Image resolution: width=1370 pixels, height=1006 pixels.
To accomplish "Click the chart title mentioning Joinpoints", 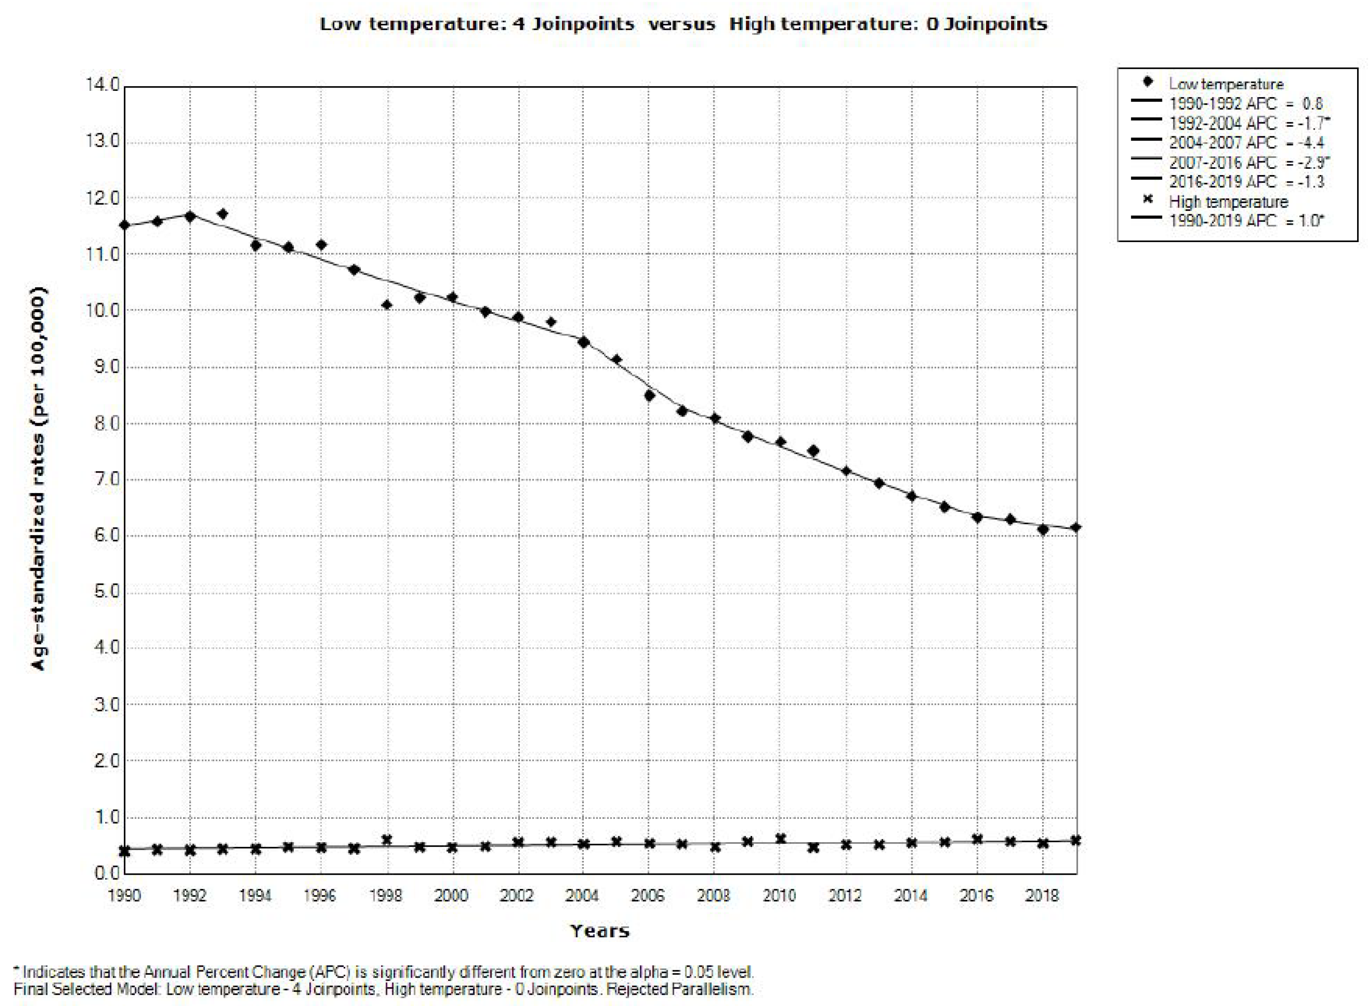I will tap(683, 24).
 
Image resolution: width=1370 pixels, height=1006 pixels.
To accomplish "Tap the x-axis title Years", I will tap(600, 931).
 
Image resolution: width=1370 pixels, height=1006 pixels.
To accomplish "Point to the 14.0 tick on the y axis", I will tap(103, 85).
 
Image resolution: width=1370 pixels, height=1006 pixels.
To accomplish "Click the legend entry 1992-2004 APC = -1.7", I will tap(1248, 123).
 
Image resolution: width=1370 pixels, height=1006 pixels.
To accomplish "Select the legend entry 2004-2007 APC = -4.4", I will tap(1246, 143).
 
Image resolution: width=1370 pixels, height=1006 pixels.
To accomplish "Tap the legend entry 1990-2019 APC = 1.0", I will tap(1246, 220).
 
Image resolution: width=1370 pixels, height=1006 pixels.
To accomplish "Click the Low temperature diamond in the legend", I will tap(1148, 82).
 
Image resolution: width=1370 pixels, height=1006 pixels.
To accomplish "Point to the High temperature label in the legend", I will tap(1228, 202).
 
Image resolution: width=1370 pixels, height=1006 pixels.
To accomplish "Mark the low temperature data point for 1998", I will tap(386, 305).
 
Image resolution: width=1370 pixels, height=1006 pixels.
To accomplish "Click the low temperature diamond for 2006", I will tap(650, 395).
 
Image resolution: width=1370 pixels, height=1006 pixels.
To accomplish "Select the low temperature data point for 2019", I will tap(1076, 527).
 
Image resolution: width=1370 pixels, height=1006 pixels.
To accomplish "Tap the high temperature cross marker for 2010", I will tap(780, 838).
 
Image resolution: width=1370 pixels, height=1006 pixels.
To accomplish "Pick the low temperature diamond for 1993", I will tap(222, 214).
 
